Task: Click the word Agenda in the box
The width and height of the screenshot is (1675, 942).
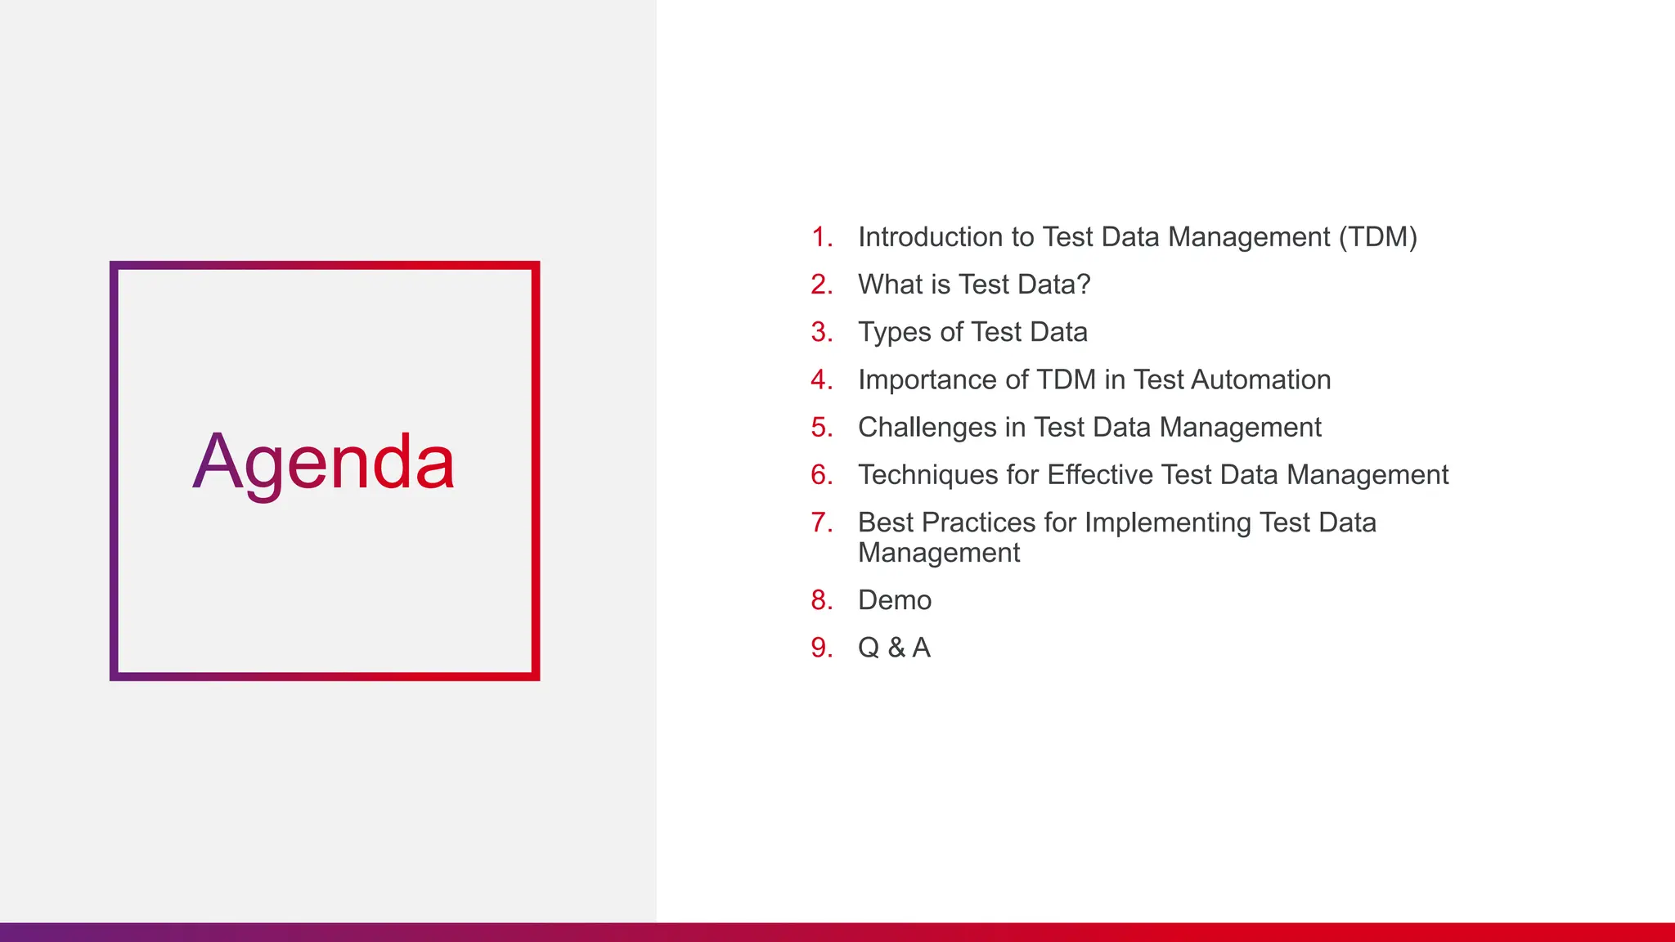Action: tap(324, 463)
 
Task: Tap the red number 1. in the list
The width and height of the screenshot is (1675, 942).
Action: tap(821, 237)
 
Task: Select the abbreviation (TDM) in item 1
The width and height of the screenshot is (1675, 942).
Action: tap(1377, 237)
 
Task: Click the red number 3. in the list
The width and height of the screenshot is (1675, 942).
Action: tap(821, 332)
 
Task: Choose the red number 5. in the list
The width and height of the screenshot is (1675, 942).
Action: tap(821, 427)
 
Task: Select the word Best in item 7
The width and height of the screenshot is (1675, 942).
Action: tap(887, 523)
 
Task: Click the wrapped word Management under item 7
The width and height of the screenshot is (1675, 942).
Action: tap(939, 554)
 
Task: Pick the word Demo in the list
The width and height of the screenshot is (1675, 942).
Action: tap(895, 600)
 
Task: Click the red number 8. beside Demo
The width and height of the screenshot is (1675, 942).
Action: tap(821, 600)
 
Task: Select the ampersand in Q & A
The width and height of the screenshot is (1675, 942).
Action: tap(896, 648)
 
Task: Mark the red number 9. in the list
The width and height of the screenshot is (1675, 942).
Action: tap(821, 648)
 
